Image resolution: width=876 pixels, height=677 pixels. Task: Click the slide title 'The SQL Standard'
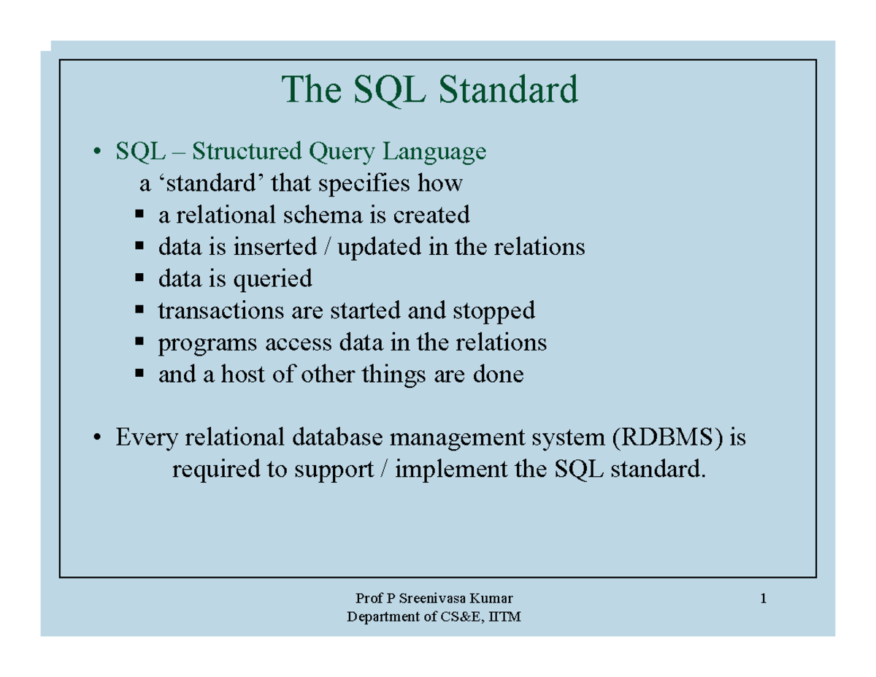coord(430,90)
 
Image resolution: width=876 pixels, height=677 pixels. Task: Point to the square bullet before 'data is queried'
coord(139,278)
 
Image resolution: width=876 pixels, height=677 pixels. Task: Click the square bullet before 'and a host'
coord(139,375)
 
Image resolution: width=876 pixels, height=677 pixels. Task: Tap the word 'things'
coord(423,375)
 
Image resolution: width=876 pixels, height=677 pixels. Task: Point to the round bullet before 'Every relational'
coord(96,439)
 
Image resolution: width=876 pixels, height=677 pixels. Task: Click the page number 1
coord(763,600)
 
